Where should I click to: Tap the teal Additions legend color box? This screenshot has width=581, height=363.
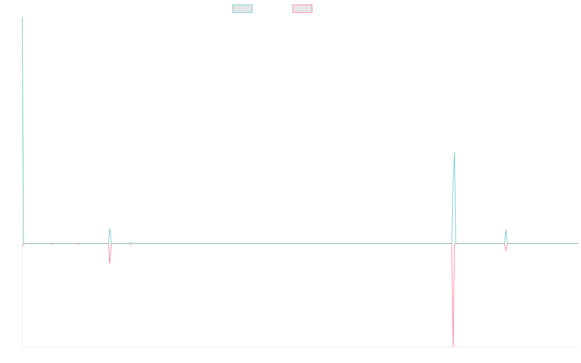point(243,9)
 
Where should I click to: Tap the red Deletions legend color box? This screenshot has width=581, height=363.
point(303,9)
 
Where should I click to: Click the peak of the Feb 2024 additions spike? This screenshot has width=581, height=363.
point(455,153)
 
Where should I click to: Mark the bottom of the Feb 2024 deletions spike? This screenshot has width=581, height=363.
point(454,346)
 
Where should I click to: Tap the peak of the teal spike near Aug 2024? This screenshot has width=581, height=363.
point(506,230)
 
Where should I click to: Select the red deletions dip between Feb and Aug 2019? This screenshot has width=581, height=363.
point(110,263)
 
